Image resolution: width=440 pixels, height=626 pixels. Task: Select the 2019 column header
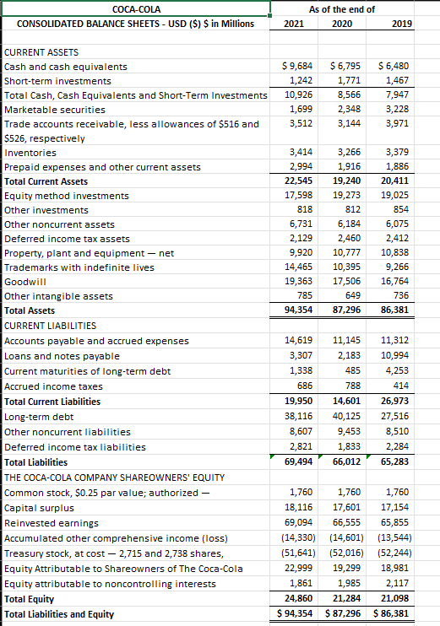(x=402, y=24)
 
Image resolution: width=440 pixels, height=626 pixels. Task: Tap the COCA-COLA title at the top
(x=135, y=8)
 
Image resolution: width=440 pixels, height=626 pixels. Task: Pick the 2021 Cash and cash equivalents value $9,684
(x=296, y=66)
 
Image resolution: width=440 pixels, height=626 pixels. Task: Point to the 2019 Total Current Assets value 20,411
(x=395, y=181)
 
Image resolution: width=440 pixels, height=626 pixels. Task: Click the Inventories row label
(x=31, y=153)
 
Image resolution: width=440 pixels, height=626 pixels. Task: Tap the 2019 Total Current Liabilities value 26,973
(x=395, y=402)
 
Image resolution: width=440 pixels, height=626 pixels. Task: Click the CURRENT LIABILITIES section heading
(x=51, y=325)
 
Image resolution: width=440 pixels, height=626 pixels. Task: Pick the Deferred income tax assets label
(x=56, y=239)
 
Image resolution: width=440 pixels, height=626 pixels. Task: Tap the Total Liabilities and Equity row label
(x=59, y=613)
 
